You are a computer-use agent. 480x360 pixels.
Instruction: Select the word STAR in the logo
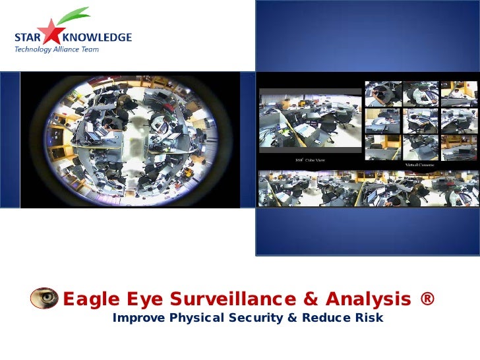[x=26, y=38]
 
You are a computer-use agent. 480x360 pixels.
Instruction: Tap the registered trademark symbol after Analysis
[x=426, y=299]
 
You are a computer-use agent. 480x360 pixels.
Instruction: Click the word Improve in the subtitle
[x=138, y=319]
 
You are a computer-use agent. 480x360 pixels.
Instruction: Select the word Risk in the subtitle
[x=368, y=319]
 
